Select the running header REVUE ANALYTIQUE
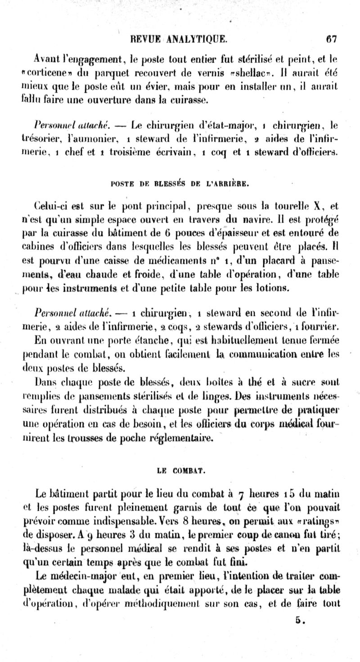(x=179, y=40)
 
